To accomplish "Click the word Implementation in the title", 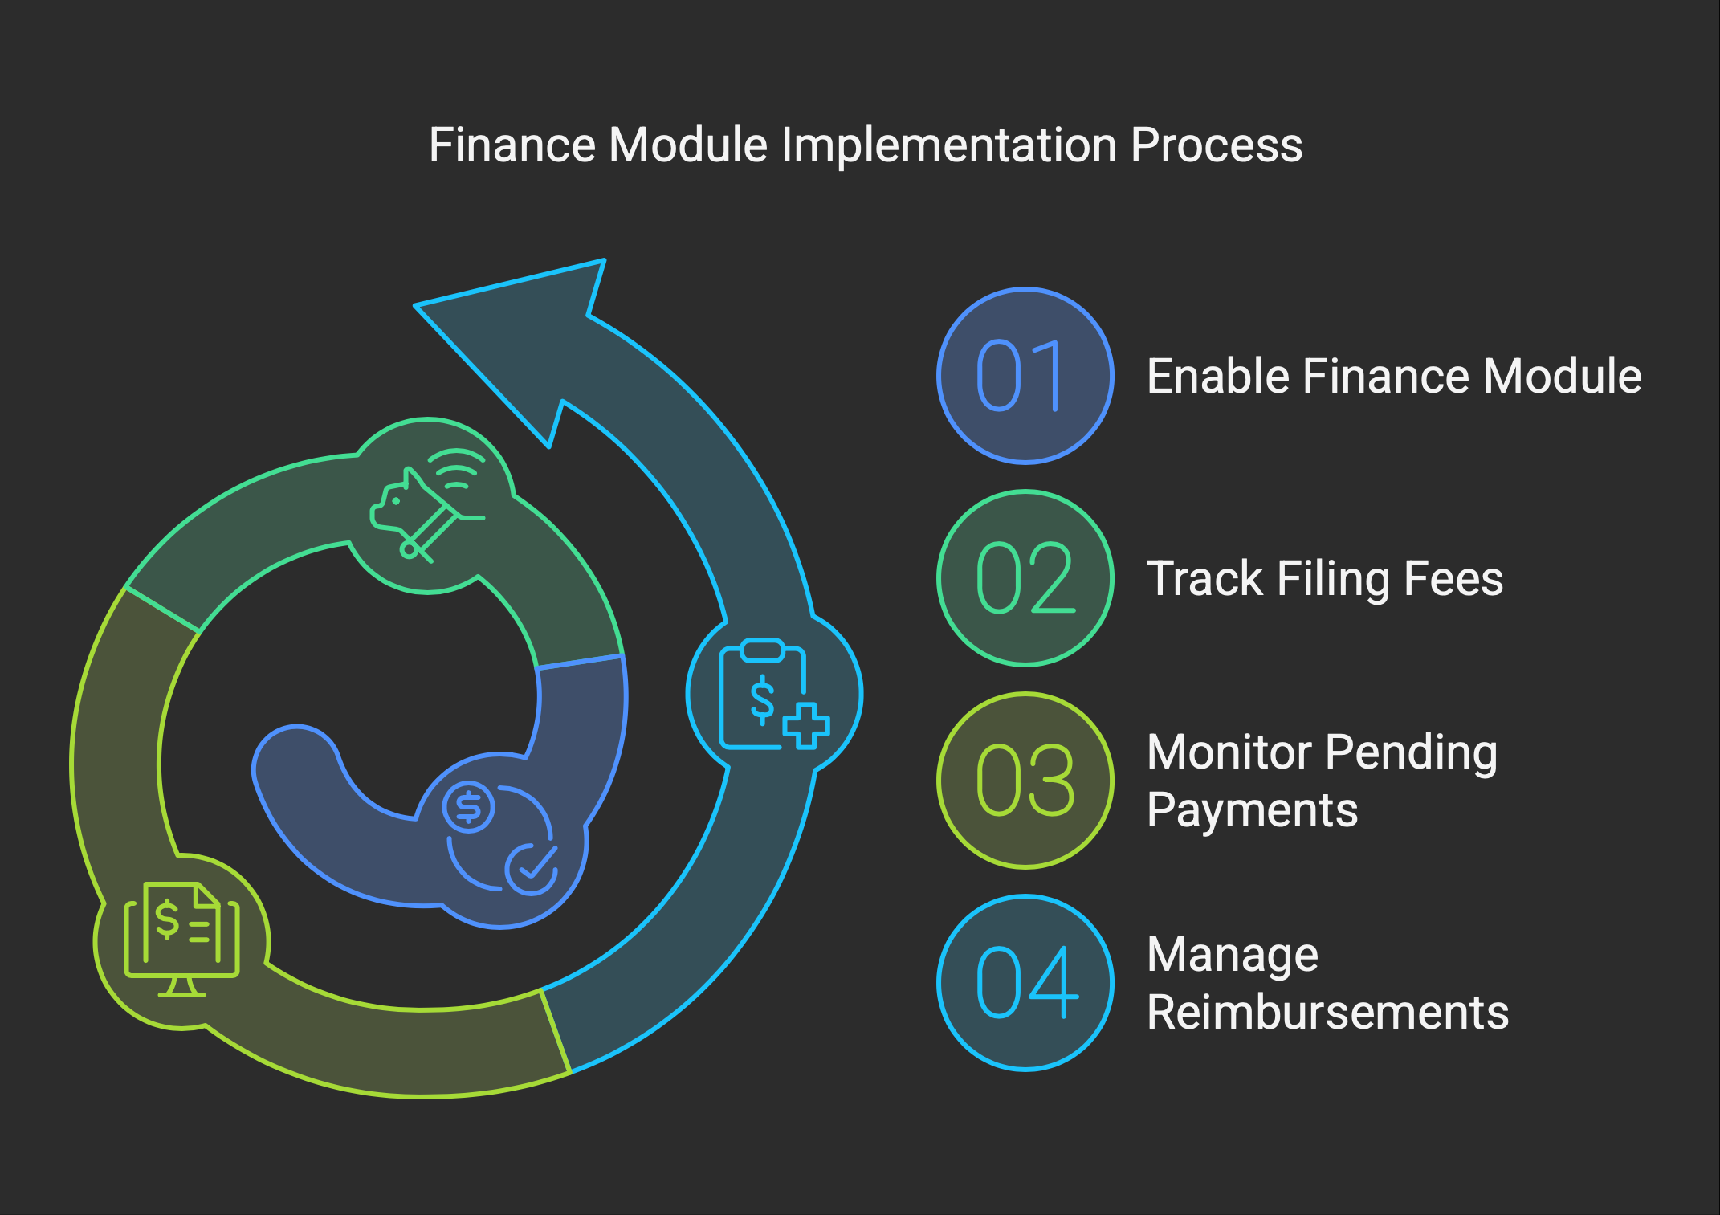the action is (x=949, y=146).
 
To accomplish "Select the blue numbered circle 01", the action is (x=1025, y=376).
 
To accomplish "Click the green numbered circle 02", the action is (x=1025, y=578).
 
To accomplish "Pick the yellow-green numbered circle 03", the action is (x=1025, y=781).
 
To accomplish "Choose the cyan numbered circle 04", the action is (x=1025, y=983).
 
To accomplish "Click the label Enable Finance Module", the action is (x=1394, y=376).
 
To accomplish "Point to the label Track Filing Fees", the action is (x=1325, y=579).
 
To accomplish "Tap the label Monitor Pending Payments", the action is (x=1323, y=781).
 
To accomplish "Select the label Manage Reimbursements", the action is (x=1328, y=983).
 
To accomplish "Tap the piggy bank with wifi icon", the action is (x=427, y=504).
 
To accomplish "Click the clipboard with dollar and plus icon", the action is (x=774, y=694).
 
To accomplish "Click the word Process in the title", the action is (x=1217, y=146).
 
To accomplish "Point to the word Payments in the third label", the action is (x=1253, y=809).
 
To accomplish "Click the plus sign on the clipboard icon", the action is (x=806, y=726).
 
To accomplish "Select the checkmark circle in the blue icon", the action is (x=532, y=869).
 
